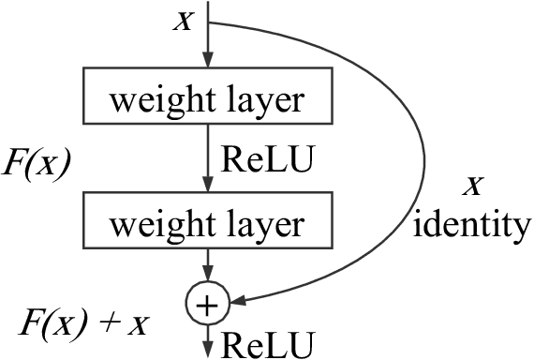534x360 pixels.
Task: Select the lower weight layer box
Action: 207,223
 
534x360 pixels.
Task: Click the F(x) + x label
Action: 85,325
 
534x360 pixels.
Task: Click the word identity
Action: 474,224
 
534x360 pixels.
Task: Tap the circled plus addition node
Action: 207,302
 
